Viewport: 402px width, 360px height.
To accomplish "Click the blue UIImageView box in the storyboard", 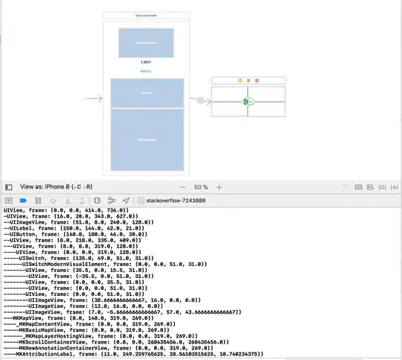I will click(x=147, y=43).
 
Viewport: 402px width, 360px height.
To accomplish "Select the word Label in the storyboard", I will click(x=146, y=61).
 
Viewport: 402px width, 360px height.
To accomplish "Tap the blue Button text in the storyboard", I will click(x=146, y=71).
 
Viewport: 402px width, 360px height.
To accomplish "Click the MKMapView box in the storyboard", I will click(x=147, y=140).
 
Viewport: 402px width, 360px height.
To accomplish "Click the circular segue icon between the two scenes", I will click(x=200, y=98).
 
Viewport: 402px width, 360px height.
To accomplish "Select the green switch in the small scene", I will click(x=245, y=101).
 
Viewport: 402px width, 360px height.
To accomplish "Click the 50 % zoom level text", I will click(x=201, y=187).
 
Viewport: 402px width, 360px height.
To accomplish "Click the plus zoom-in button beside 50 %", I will click(x=219, y=187).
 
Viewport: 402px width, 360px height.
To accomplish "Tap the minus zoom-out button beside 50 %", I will click(x=182, y=187).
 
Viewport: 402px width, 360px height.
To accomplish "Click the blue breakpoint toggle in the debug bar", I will click(x=23, y=200).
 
